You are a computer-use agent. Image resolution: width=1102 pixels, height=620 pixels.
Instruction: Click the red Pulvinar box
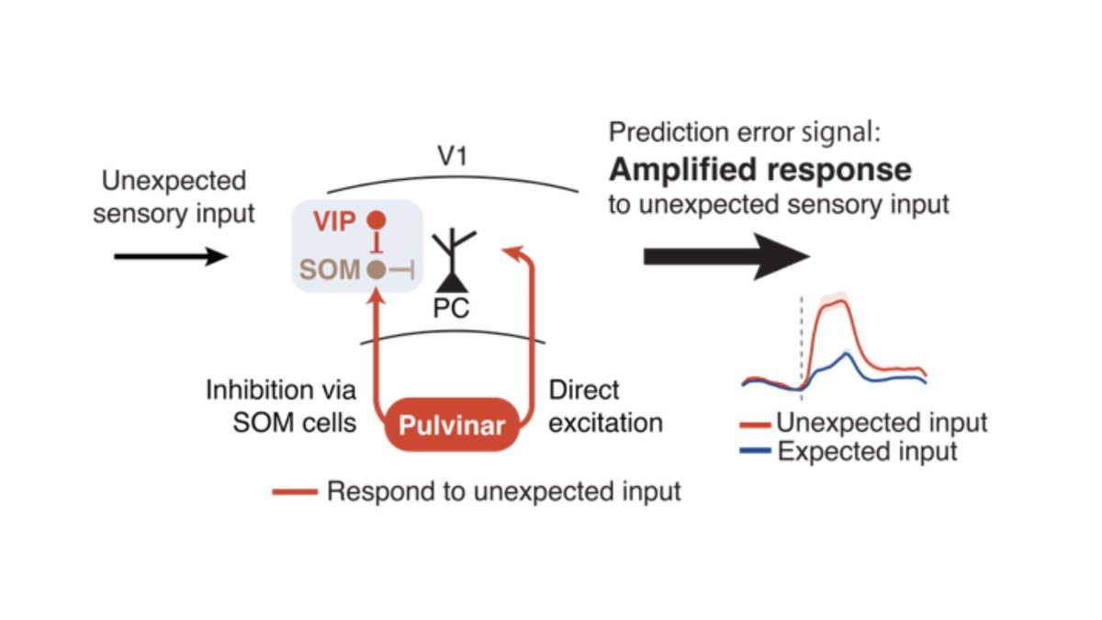coord(451,424)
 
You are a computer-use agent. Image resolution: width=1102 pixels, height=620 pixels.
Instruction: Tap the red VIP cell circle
coord(375,221)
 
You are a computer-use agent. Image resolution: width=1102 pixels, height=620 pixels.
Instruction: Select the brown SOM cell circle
coord(375,269)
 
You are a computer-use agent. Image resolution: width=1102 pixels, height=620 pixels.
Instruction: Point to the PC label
coord(451,309)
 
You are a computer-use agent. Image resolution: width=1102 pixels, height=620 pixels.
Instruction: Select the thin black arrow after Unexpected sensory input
coord(171,256)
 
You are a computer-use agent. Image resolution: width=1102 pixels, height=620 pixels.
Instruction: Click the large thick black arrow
coord(725,256)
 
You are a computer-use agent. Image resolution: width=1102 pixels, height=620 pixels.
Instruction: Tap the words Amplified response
coord(760,170)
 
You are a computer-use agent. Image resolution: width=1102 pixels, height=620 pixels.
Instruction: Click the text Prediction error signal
coord(744,133)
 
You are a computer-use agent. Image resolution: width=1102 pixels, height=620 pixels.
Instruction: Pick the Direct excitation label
coord(605,407)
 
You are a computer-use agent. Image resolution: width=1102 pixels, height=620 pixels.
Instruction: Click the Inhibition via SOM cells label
coord(280,407)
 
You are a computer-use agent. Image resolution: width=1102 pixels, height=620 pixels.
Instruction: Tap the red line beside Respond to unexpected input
coord(295,492)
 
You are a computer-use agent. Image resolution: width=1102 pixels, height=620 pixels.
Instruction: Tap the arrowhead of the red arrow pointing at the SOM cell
coord(375,293)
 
